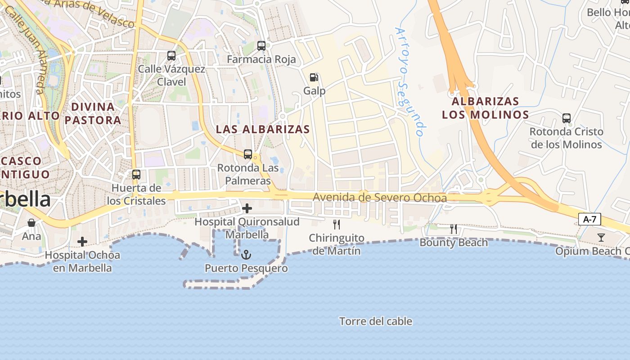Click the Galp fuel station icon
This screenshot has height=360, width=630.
(x=314, y=77)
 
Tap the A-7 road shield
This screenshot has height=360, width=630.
(x=589, y=220)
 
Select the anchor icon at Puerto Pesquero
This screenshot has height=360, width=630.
(x=246, y=255)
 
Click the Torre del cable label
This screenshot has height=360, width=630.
(x=376, y=321)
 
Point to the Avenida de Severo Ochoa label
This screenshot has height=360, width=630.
(x=380, y=198)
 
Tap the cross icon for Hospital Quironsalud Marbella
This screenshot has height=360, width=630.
(x=247, y=208)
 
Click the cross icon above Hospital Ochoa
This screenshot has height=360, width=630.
(x=82, y=242)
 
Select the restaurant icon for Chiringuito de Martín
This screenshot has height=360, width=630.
(x=336, y=224)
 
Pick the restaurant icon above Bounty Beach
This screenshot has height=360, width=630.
(x=454, y=229)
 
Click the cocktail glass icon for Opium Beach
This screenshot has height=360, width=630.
(x=601, y=238)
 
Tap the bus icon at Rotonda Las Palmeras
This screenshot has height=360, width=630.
(x=248, y=154)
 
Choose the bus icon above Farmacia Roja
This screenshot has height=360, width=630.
(x=261, y=45)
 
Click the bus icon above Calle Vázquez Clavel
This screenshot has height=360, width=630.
(x=171, y=56)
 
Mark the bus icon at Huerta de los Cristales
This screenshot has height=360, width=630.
(x=136, y=174)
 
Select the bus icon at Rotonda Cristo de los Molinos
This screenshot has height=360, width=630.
(x=567, y=118)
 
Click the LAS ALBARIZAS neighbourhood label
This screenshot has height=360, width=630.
(x=263, y=129)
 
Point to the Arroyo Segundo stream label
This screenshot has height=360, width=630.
(x=409, y=81)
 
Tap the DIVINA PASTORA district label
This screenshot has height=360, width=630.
(x=93, y=113)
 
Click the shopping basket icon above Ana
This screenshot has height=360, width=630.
(x=31, y=223)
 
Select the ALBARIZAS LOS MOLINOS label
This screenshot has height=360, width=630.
(x=486, y=108)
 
